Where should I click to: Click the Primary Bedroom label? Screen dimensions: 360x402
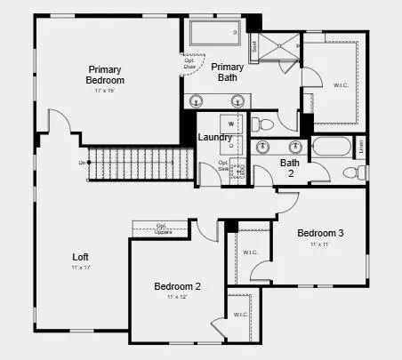click(x=105, y=75)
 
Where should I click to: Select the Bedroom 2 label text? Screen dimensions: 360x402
click(x=177, y=286)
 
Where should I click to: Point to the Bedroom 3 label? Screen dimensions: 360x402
click(x=320, y=233)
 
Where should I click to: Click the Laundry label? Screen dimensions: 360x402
click(x=214, y=137)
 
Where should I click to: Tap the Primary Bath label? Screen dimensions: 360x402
click(x=228, y=72)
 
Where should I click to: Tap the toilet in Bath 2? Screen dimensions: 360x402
click(x=374, y=172)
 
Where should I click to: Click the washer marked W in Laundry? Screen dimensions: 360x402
click(x=231, y=124)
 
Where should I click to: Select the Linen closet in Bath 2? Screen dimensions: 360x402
click(x=360, y=146)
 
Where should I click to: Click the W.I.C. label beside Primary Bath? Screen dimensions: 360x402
click(x=341, y=85)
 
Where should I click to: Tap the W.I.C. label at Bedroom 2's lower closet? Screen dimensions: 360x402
click(x=240, y=315)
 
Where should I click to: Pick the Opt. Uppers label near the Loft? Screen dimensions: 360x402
click(x=161, y=228)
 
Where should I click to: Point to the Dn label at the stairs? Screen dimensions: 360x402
click(x=82, y=163)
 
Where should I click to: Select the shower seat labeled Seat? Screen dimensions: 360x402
click(x=253, y=46)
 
